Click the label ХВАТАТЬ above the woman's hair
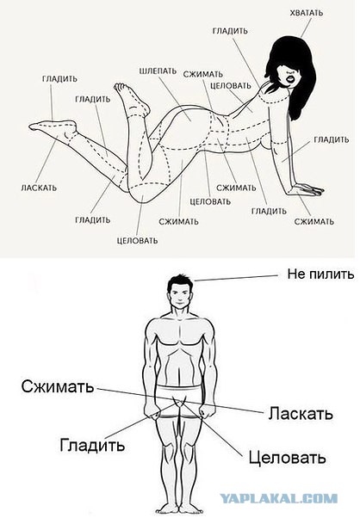(x=306, y=13)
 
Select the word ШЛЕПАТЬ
(x=158, y=71)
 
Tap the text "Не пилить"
(x=320, y=274)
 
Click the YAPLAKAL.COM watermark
(x=279, y=499)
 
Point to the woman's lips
(x=289, y=79)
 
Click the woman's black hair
(x=291, y=67)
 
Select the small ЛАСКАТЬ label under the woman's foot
(x=39, y=188)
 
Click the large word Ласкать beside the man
(x=301, y=414)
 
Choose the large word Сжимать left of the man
(x=57, y=386)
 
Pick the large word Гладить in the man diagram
(x=92, y=445)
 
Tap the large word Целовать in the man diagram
(x=287, y=457)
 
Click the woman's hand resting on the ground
(x=305, y=189)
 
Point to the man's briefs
(x=180, y=401)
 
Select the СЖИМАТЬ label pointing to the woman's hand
(x=313, y=222)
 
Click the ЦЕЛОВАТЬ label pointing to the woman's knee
(x=137, y=241)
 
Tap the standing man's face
(x=180, y=298)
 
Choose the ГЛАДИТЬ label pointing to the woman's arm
(x=332, y=139)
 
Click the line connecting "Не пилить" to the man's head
(x=236, y=278)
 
